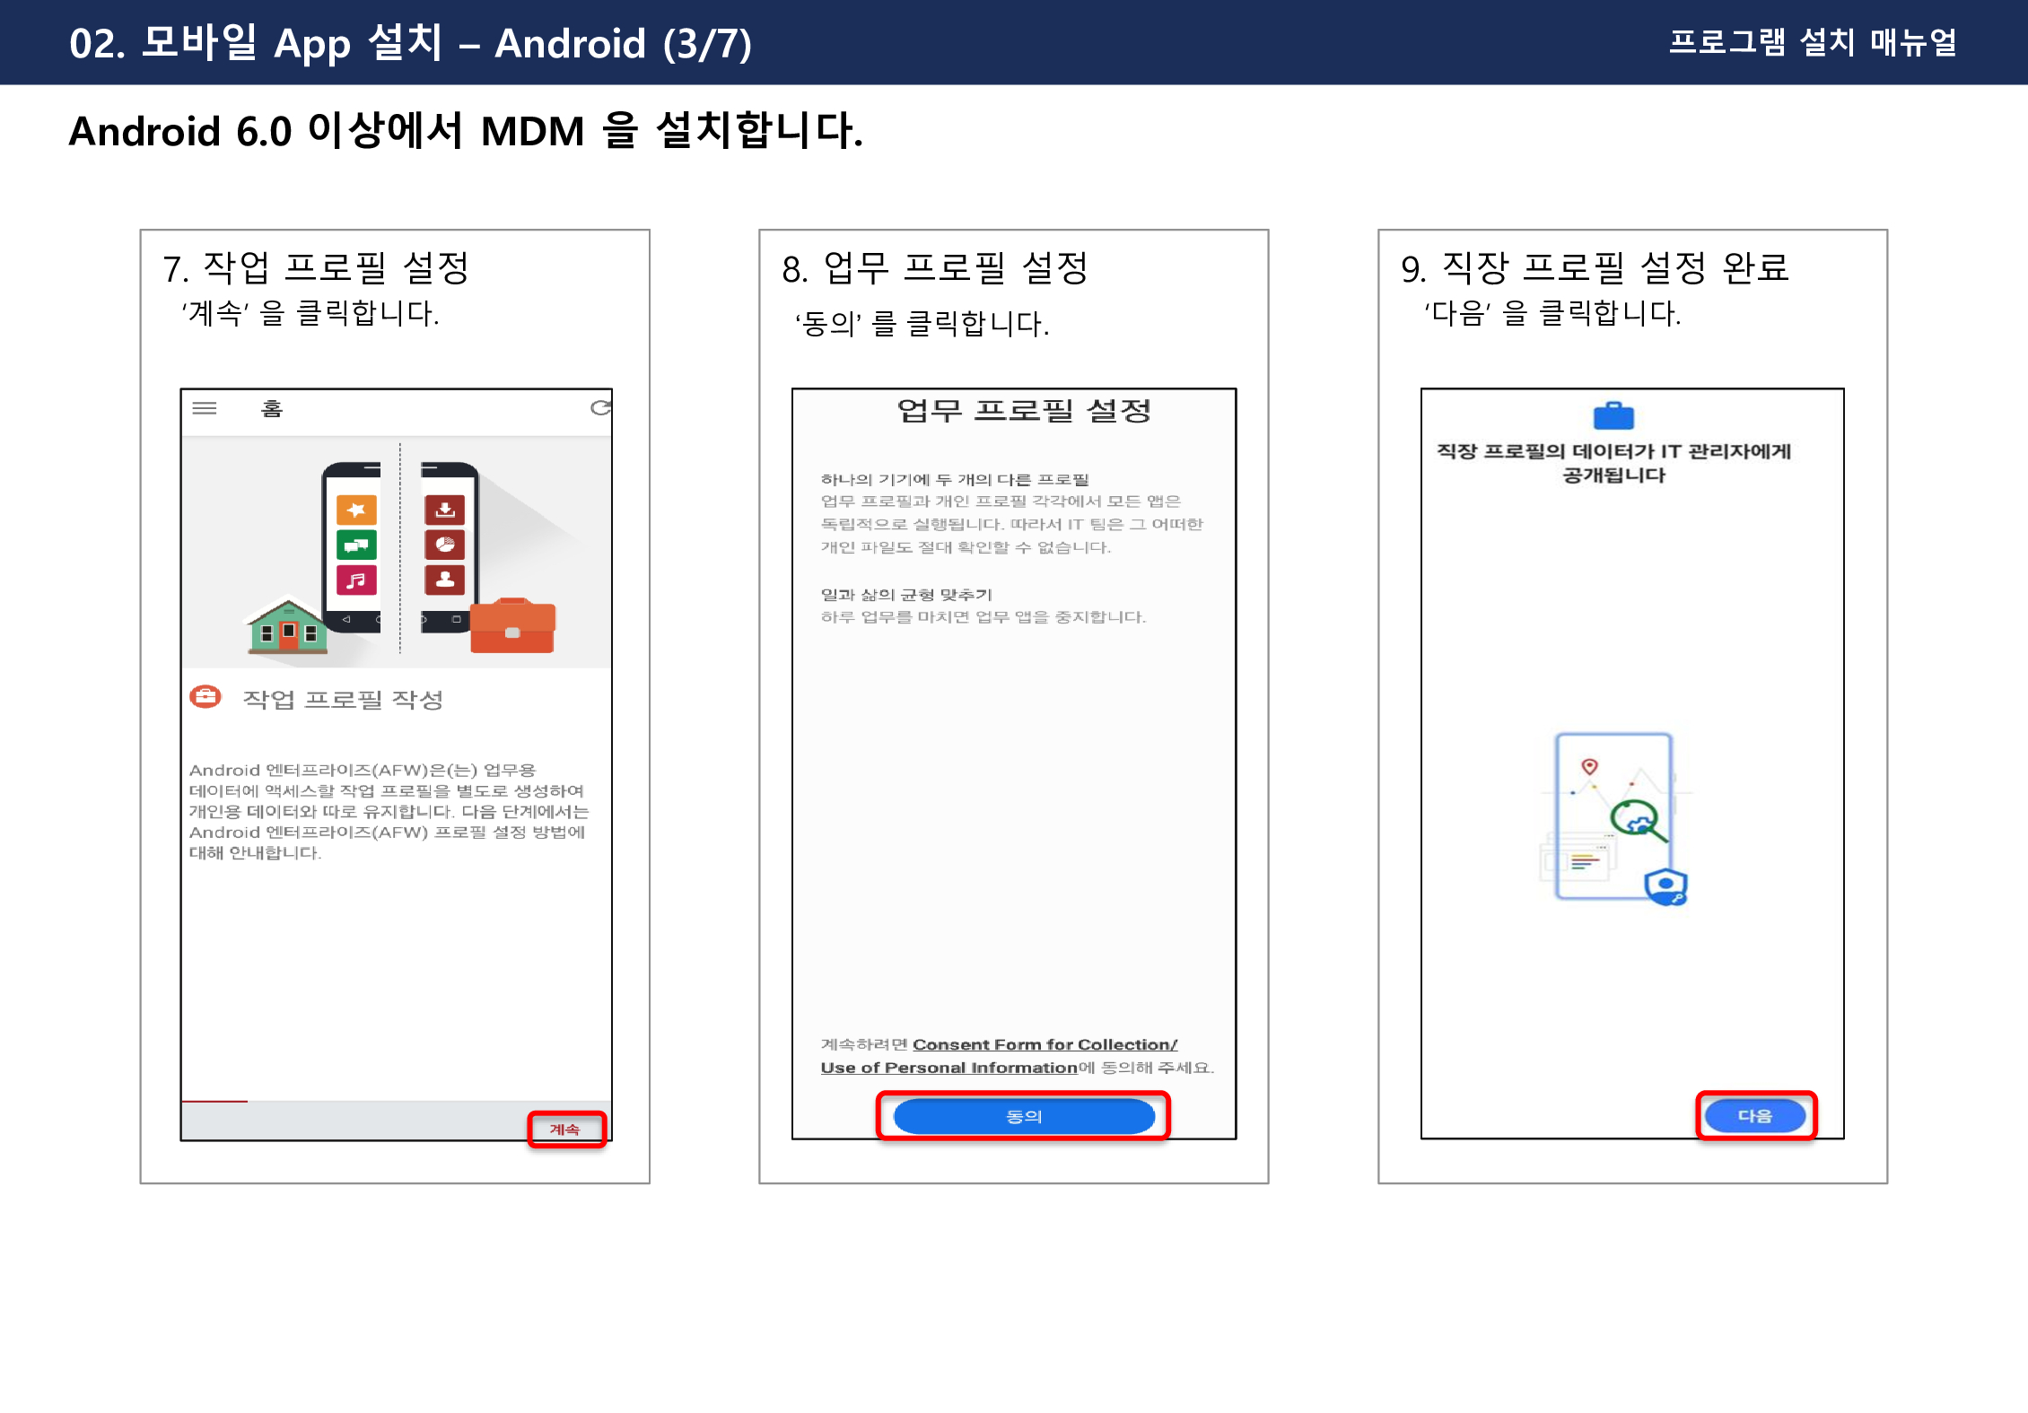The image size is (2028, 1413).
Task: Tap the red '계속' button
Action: [x=565, y=1129]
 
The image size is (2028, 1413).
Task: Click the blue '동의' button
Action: [x=1024, y=1116]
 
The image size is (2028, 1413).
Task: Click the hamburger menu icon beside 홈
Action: [x=205, y=408]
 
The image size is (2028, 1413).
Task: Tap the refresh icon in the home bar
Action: [x=600, y=408]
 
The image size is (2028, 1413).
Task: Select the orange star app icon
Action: [x=356, y=510]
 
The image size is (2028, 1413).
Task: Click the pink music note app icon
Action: [x=356, y=580]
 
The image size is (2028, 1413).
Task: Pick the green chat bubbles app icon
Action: [x=356, y=545]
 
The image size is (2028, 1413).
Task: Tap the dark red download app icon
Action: [x=444, y=510]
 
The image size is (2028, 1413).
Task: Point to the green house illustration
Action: [x=287, y=625]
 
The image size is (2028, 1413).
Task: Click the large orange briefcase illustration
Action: [x=512, y=625]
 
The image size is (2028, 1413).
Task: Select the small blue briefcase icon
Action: [x=1613, y=415]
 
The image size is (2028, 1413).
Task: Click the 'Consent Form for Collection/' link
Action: [x=1045, y=1044]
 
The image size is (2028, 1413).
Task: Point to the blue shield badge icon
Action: [x=1666, y=886]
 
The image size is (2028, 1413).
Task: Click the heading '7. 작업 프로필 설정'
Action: [x=316, y=267]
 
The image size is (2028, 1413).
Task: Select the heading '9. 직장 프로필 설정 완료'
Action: [x=1595, y=267]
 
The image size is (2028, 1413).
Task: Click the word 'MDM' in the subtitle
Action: [x=533, y=132]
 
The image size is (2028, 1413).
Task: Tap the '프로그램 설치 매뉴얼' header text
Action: [x=1813, y=42]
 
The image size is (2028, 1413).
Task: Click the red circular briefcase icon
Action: [x=205, y=697]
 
